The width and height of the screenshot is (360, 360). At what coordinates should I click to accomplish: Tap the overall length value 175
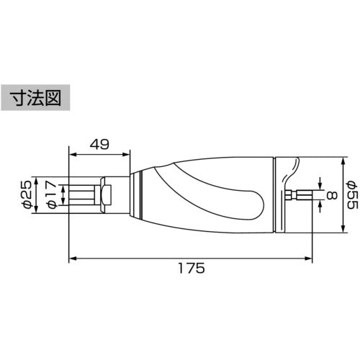pyautogui.click(x=191, y=268)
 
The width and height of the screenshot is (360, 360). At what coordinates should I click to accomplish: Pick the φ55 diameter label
pyautogui.click(x=351, y=194)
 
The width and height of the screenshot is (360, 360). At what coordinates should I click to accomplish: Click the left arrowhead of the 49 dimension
pyautogui.click(x=71, y=152)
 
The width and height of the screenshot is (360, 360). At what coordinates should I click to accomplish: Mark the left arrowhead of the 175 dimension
pyautogui.click(x=71, y=258)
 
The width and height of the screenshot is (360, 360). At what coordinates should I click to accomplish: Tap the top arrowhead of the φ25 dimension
pyautogui.click(x=37, y=180)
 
